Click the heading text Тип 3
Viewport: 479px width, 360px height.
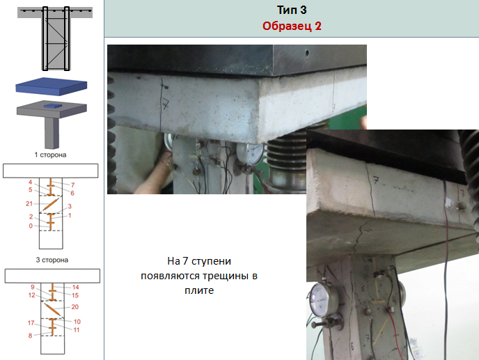point(292,10)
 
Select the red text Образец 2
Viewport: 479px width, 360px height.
point(292,26)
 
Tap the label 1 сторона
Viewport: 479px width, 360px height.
point(50,155)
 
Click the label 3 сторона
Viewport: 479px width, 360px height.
point(52,260)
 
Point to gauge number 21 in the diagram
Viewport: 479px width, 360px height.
point(29,203)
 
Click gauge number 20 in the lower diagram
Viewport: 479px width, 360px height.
point(75,307)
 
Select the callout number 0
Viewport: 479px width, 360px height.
point(31,226)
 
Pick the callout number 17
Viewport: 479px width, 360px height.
point(31,322)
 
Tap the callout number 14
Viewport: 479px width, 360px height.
point(75,288)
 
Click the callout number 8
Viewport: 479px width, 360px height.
point(30,336)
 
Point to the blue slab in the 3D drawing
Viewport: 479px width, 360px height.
point(52,86)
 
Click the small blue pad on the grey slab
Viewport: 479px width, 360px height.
point(53,106)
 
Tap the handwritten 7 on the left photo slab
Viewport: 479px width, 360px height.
point(166,104)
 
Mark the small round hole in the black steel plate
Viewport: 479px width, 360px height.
point(307,53)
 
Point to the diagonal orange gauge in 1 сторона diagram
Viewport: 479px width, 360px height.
point(50,204)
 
